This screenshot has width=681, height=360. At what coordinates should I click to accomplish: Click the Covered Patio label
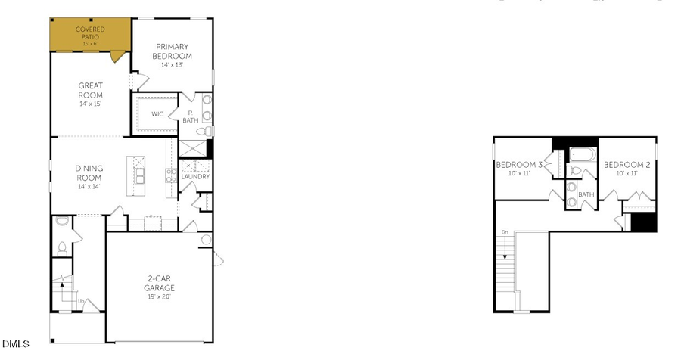click(x=90, y=33)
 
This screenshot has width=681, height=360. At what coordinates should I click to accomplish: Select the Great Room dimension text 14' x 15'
click(x=90, y=104)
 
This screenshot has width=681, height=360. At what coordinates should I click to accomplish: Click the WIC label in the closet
click(x=157, y=115)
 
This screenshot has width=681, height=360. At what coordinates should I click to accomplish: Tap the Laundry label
click(x=196, y=177)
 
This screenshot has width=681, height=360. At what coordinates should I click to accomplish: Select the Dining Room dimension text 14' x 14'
click(x=89, y=186)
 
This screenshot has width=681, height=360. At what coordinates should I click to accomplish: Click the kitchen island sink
click(x=140, y=176)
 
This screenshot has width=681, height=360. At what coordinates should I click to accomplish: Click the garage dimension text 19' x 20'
click(x=160, y=296)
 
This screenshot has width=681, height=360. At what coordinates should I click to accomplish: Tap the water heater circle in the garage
click(x=206, y=240)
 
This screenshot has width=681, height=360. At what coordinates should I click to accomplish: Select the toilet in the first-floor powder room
click(x=62, y=247)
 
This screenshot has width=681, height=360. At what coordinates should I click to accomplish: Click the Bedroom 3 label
click(x=518, y=165)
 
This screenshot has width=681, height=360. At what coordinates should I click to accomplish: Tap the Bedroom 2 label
click(x=627, y=165)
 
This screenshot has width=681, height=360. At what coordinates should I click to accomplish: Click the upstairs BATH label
click(x=586, y=194)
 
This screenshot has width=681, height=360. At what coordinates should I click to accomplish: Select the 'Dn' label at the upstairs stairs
click(x=504, y=232)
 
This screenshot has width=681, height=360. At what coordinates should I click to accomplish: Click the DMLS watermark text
click(x=16, y=344)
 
